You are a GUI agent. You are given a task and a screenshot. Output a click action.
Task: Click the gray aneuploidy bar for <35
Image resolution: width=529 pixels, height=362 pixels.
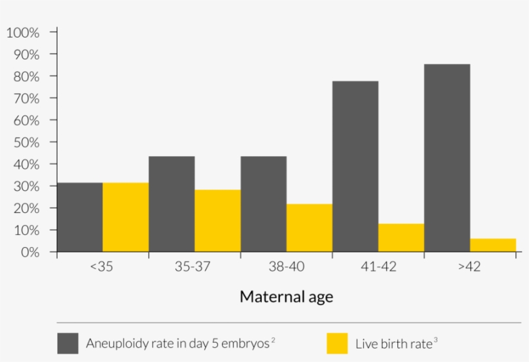(x=80, y=217)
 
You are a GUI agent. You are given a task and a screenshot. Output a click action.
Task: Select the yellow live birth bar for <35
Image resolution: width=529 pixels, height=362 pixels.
(x=126, y=217)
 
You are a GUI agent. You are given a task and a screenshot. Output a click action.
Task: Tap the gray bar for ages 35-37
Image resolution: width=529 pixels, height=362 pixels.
(x=172, y=204)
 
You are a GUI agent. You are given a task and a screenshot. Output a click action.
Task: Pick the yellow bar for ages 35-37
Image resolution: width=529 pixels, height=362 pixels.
(x=217, y=221)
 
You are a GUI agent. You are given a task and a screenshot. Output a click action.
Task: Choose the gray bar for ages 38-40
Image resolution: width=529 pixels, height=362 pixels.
(x=263, y=204)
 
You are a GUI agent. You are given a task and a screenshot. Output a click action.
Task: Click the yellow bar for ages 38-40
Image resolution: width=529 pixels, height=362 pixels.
(x=309, y=228)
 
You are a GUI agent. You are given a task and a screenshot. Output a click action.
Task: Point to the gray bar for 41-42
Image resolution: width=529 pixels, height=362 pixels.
(x=355, y=166)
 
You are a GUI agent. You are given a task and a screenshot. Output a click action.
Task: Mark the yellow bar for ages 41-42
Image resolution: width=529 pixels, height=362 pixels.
(x=401, y=237)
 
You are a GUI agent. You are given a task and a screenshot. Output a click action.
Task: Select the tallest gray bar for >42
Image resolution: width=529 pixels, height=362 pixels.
(x=447, y=158)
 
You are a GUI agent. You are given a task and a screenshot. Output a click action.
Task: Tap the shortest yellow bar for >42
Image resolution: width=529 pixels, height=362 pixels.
(x=493, y=245)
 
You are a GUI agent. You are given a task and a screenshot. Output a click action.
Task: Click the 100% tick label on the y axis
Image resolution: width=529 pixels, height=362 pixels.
(x=23, y=32)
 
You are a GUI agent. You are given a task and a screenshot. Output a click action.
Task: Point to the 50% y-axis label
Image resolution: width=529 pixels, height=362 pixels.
(x=26, y=142)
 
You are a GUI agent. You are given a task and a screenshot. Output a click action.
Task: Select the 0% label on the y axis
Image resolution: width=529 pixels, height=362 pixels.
(x=29, y=252)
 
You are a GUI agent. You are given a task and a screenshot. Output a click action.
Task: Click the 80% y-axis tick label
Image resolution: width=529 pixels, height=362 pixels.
(x=26, y=76)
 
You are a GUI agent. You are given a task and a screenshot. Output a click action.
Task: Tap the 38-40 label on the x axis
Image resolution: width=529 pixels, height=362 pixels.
(x=286, y=267)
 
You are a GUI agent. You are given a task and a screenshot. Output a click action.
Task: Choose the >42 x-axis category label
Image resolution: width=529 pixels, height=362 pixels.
(x=469, y=267)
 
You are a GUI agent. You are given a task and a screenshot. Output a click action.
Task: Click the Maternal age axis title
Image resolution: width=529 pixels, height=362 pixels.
(x=286, y=297)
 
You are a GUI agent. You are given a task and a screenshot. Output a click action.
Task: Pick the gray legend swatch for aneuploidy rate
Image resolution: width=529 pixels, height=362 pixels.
(x=68, y=343)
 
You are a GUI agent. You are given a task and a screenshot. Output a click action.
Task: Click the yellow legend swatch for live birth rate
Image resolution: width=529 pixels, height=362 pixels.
(x=337, y=343)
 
